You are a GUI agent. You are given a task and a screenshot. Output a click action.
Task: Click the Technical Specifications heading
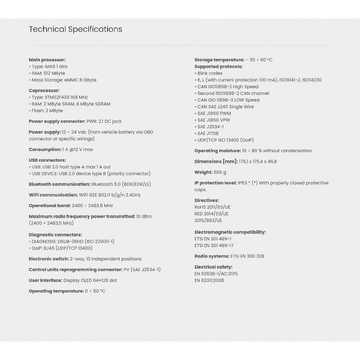(75, 30)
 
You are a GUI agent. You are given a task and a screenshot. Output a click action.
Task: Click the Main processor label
(47, 60)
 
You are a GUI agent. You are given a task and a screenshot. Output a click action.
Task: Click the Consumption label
(45, 149)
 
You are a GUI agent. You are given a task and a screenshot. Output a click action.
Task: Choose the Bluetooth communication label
(59, 184)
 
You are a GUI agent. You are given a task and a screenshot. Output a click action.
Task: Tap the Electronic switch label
(49, 259)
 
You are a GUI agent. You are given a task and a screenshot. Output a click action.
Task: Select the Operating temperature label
(56, 291)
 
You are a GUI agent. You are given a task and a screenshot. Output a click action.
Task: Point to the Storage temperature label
(219, 60)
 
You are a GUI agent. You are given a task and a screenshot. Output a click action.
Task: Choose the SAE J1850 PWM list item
(214, 113)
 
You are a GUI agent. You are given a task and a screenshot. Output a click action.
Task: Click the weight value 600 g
(220, 172)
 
